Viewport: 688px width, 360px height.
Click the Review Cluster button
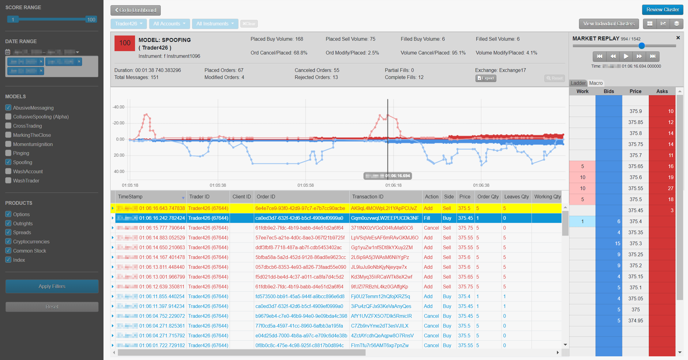662,10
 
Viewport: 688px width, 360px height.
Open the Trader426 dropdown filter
129,24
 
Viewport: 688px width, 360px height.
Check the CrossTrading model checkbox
8,126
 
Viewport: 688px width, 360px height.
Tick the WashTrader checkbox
8,181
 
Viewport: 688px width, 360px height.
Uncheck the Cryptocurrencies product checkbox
8,242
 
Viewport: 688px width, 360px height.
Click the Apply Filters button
52,286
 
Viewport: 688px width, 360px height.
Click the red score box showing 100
125,43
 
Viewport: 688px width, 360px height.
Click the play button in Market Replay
626,56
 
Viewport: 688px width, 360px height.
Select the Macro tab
596,83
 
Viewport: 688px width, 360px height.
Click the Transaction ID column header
367,197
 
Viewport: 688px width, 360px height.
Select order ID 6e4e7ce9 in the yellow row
300,208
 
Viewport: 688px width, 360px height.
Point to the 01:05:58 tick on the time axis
305,185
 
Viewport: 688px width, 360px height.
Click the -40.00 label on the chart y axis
118,107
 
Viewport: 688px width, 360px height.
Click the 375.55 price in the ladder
635,188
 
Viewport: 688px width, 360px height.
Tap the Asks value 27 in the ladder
670,188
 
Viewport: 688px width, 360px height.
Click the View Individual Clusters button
608,24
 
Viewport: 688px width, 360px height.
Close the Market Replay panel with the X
678,38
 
